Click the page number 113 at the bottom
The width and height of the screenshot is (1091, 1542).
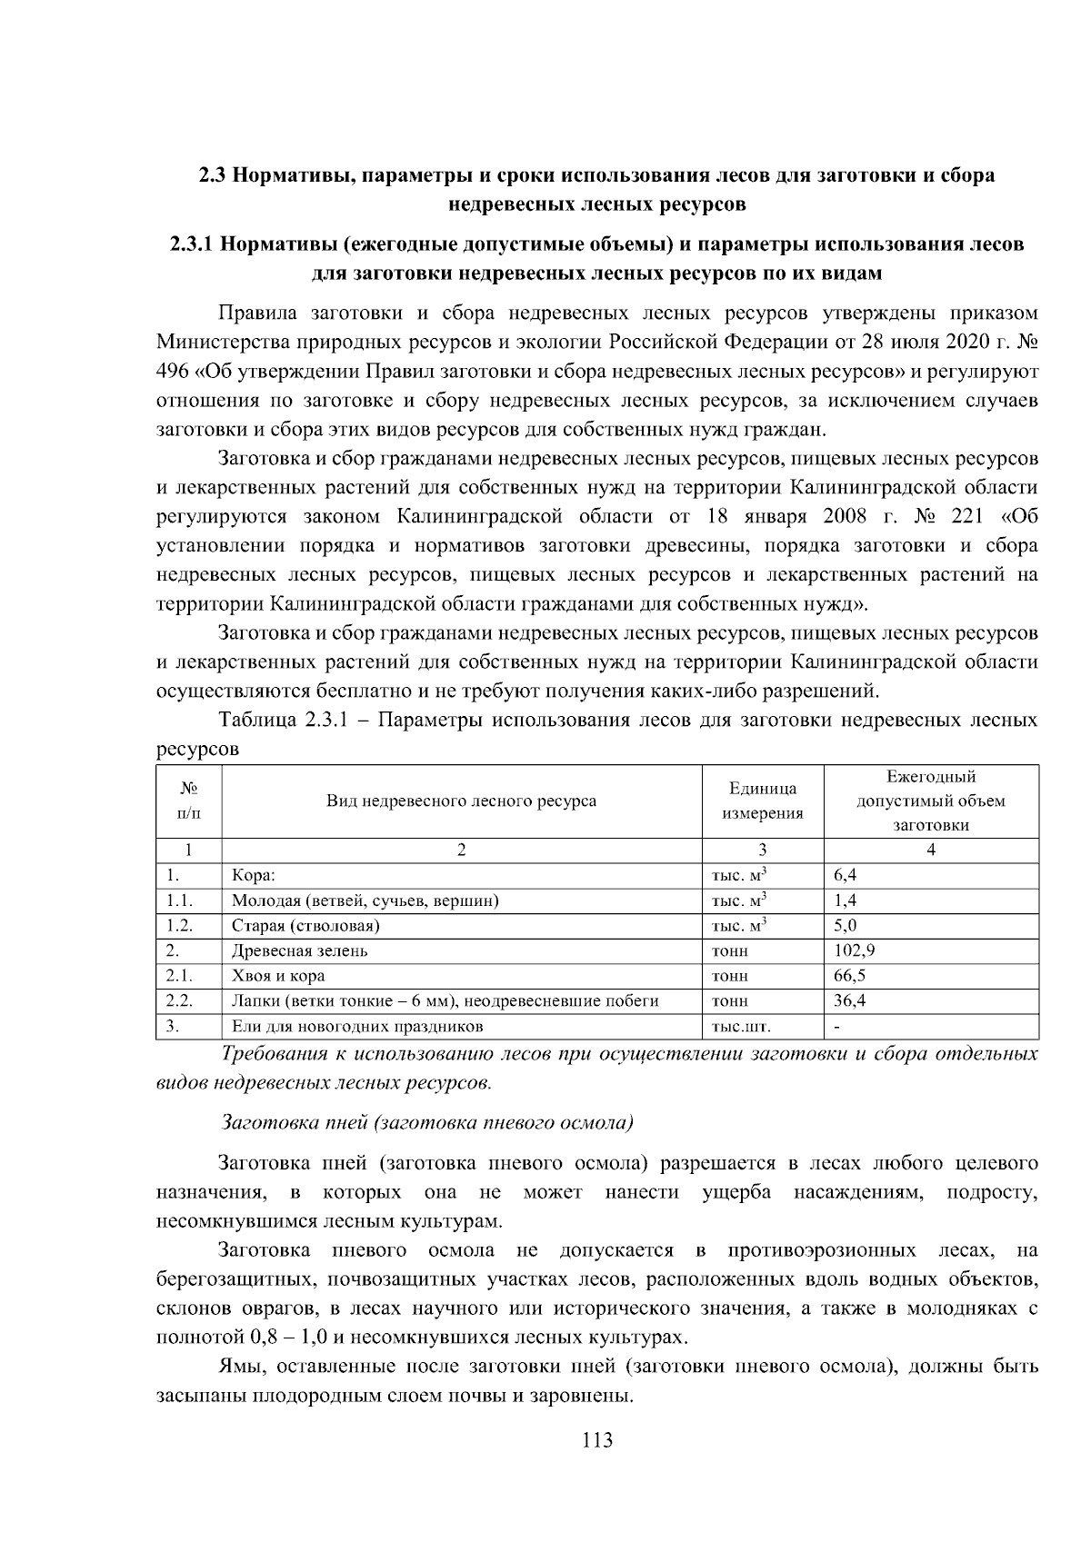(597, 1439)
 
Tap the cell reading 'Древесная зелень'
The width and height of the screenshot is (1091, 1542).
(299, 950)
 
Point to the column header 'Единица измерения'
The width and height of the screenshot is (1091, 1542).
(762, 801)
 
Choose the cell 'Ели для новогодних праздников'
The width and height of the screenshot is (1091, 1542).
(357, 1027)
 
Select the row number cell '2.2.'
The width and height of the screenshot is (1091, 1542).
(179, 1000)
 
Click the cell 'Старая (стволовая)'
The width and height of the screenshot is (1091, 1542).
(305, 926)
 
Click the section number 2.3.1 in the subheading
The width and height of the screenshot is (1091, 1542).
(191, 244)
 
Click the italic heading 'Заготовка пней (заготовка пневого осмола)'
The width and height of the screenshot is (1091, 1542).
(427, 1121)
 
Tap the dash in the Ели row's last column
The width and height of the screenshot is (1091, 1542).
(836, 1027)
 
